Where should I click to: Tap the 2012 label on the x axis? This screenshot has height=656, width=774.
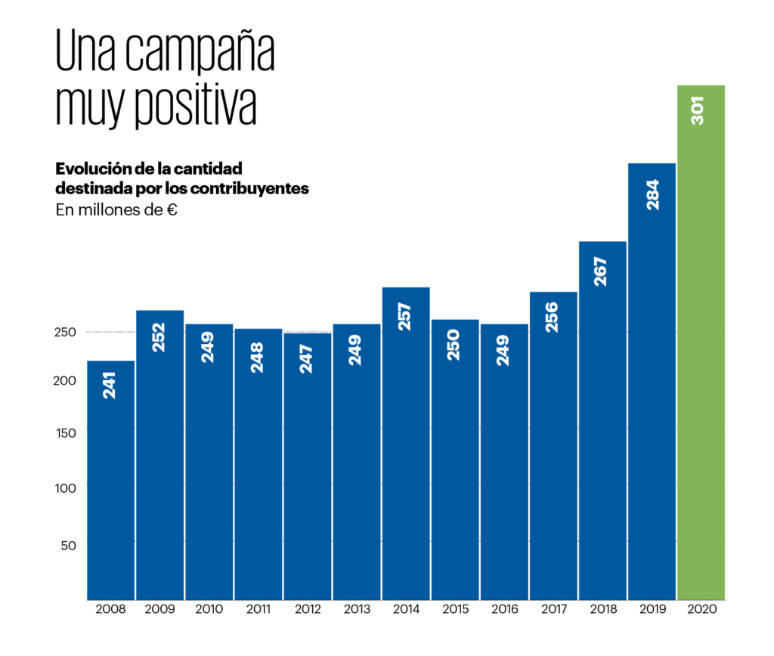(307, 608)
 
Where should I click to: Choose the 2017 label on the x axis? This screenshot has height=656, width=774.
(553, 608)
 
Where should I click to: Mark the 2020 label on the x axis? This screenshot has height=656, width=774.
(701, 608)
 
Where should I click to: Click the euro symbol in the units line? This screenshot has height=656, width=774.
(172, 210)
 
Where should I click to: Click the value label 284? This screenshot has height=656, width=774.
(652, 194)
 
